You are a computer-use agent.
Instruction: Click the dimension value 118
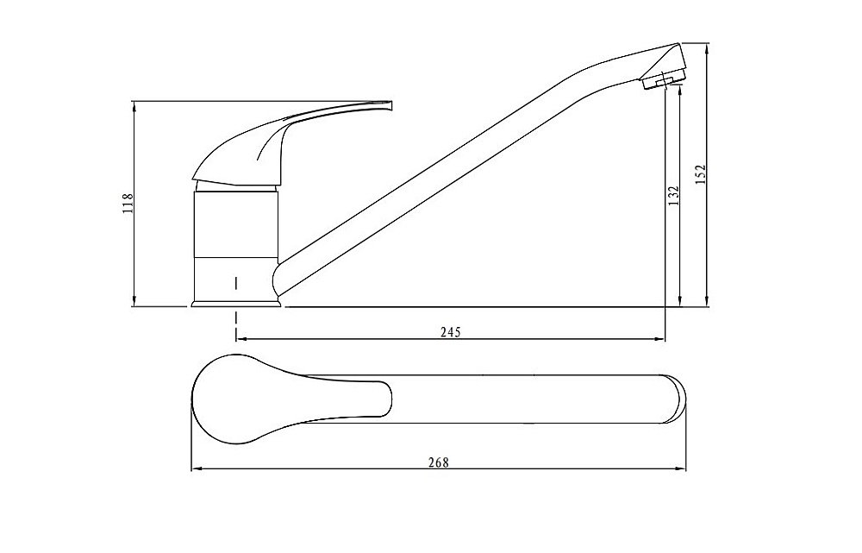[x=128, y=203]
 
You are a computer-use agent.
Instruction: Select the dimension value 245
[x=451, y=332]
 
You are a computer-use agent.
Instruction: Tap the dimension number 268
[x=439, y=462]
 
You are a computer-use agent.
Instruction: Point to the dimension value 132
[x=673, y=196]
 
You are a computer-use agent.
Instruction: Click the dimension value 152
[x=700, y=175]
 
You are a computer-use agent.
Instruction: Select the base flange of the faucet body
[x=236, y=303]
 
